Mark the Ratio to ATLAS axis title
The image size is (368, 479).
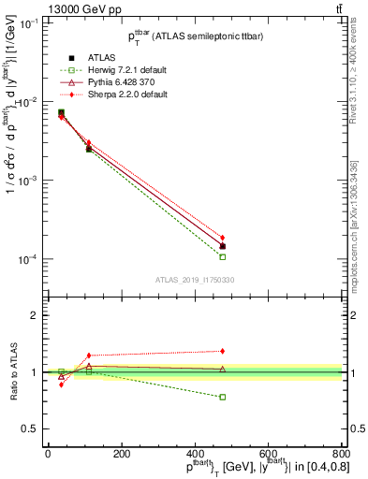click(x=11, y=371)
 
